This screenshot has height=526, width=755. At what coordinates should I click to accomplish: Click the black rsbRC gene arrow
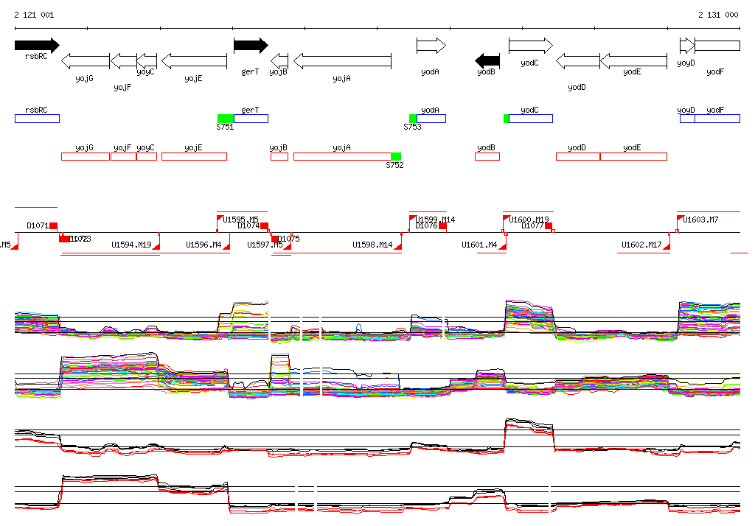coord(36,45)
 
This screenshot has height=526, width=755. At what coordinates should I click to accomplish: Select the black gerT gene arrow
coord(251,46)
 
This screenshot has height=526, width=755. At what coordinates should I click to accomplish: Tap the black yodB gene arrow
coord(487,60)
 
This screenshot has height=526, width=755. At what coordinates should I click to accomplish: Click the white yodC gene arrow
coord(530,46)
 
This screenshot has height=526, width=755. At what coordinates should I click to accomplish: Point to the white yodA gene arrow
coord(431,46)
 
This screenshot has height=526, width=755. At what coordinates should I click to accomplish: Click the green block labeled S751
coord(226,119)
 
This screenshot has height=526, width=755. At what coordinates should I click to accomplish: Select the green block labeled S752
coord(396,156)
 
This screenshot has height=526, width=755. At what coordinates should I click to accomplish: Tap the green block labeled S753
coord(413,119)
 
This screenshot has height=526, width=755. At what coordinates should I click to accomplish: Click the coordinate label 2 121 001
coord(34,15)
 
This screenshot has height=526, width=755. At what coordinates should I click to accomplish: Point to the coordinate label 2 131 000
coord(718,15)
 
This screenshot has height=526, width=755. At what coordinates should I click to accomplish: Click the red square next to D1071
coord(53,225)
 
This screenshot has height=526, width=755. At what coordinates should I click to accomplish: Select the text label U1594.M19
coord(131,245)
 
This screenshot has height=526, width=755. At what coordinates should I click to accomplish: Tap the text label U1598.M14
coord(372,245)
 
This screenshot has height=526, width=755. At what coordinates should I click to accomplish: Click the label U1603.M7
coord(700,220)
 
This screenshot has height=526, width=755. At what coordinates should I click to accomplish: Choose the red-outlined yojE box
coord(194,156)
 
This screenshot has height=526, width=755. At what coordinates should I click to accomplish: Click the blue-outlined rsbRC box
coord(37,119)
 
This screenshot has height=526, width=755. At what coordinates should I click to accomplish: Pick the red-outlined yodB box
coord(487,156)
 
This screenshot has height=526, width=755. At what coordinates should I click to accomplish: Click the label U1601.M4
coord(479,245)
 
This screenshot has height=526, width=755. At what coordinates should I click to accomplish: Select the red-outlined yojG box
coord(85,156)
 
